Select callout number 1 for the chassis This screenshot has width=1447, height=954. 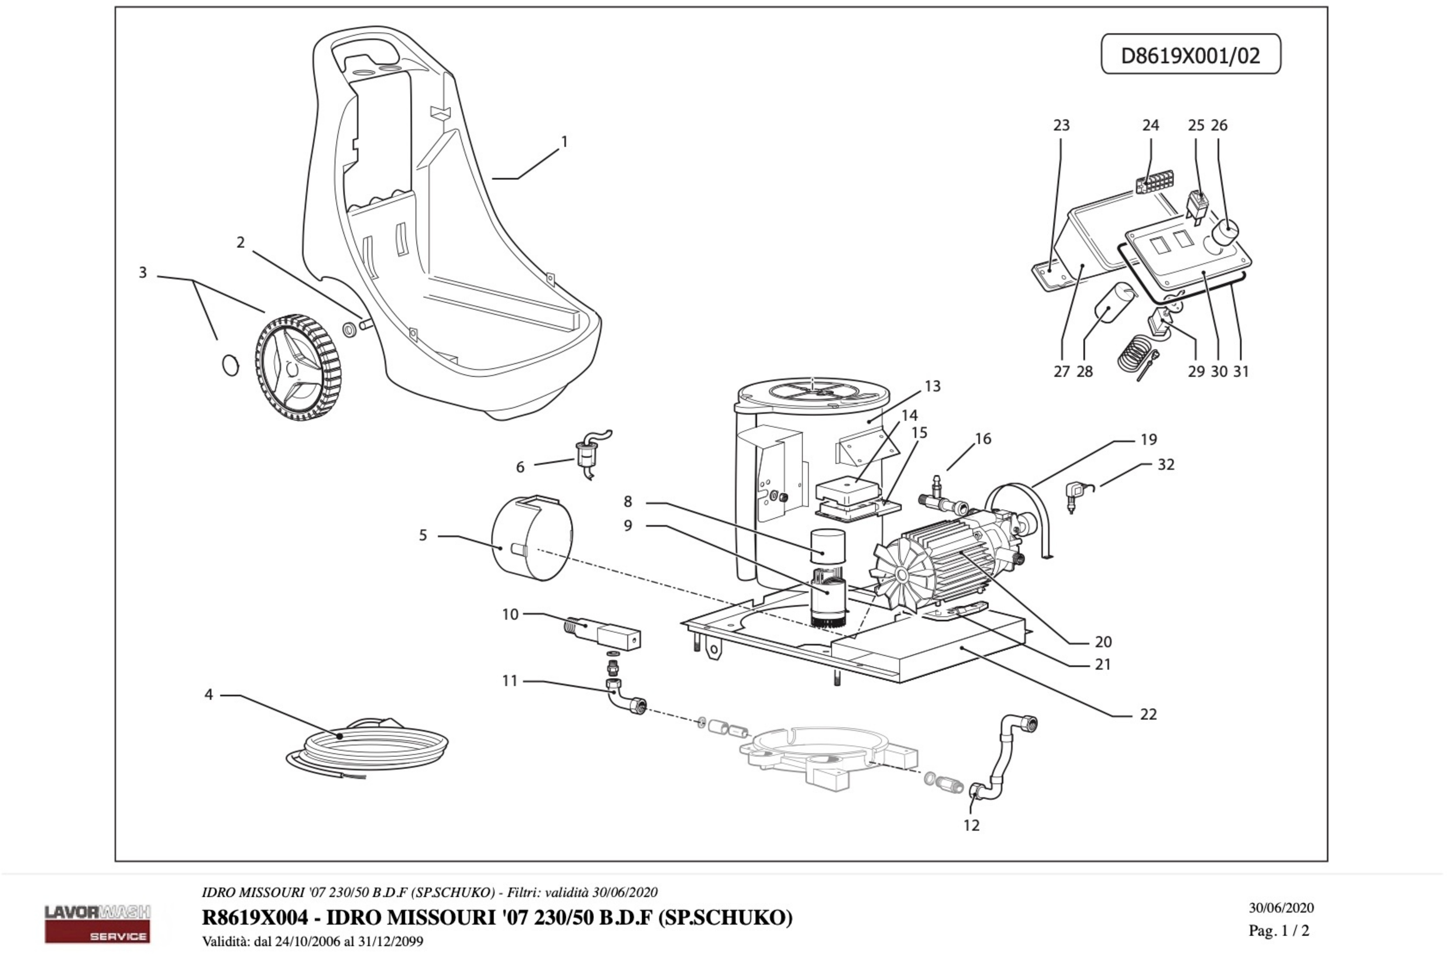tap(564, 142)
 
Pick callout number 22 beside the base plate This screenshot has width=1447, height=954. tap(1148, 714)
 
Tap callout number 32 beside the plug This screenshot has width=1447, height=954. tap(1165, 465)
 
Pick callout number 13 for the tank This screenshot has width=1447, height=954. tap(932, 386)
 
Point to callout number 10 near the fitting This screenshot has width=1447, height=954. tap(510, 615)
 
